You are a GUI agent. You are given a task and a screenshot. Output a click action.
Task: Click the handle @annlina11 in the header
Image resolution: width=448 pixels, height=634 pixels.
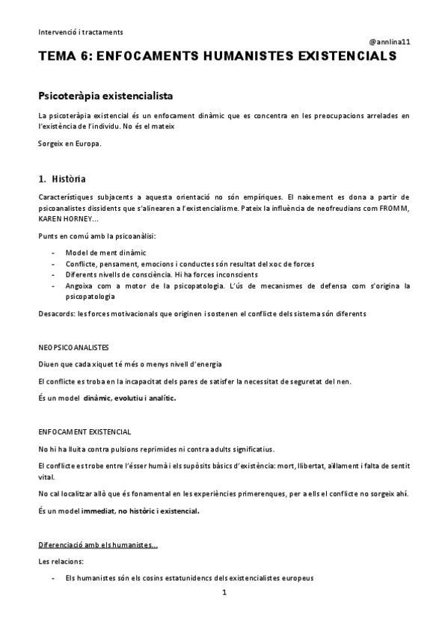pos(389,42)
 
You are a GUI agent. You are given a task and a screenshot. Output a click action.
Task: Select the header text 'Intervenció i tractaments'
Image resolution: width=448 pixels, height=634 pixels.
pos(81,32)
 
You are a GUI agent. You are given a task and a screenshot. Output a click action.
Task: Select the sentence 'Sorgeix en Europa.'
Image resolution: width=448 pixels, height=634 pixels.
pos(70,143)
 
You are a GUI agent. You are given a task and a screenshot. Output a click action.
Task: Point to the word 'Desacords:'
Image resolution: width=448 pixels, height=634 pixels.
pos(57,313)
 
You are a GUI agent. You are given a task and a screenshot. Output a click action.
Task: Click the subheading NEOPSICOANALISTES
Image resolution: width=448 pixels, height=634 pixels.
pos(74,348)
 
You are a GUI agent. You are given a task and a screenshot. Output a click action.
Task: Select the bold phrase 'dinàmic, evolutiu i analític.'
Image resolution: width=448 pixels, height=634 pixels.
pos(130,398)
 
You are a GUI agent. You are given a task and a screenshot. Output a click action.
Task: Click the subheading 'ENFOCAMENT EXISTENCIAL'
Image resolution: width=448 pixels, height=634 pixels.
pos(85,431)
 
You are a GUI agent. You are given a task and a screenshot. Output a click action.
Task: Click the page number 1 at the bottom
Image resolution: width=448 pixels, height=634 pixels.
pos(224,593)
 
